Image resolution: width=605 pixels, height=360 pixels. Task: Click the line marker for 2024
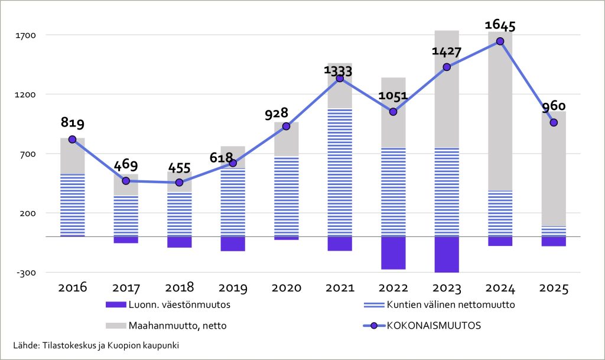click(500, 41)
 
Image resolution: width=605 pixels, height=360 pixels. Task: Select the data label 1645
click(500, 25)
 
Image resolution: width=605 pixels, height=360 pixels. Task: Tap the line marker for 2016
click(72, 140)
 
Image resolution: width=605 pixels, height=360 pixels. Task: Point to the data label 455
click(179, 167)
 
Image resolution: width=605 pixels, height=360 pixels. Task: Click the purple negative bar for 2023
click(447, 254)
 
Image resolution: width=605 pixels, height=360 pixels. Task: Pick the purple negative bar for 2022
click(393, 252)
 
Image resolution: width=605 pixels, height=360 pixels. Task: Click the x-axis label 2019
click(233, 288)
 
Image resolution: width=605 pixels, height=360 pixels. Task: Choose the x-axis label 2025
click(554, 288)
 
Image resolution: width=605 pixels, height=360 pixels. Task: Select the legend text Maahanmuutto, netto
click(180, 325)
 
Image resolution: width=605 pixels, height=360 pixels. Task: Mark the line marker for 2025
click(554, 123)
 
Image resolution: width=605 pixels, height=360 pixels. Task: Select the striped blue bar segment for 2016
click(72, 205)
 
